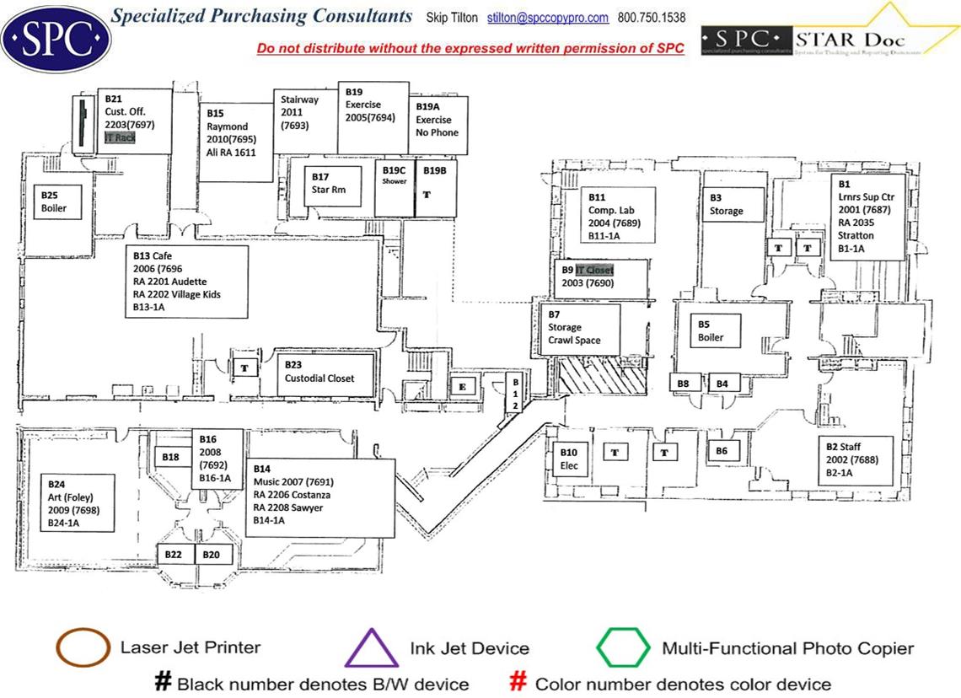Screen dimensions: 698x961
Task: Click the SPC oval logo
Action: [56, 37]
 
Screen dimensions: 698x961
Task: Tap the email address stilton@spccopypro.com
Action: [548, 18]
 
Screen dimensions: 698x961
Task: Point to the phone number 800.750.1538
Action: [652, 18]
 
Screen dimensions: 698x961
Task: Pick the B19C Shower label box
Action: [394, 175]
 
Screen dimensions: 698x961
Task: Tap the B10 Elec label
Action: [568, 459]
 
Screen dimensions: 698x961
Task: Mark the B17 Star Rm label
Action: [328, 183]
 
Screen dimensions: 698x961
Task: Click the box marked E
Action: [461, 386]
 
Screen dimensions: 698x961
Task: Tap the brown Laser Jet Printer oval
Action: [83, 648]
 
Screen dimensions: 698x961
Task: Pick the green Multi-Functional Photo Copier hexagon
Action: [623, 647]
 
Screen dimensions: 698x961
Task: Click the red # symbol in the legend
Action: [518, 683]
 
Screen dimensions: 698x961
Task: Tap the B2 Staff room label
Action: [853, 459]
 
